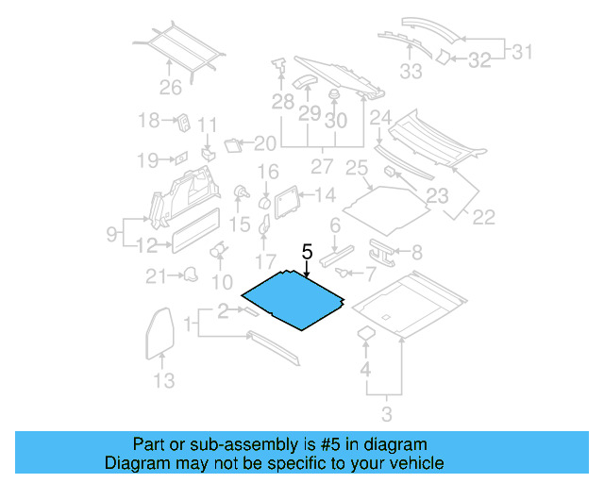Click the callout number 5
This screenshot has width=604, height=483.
[306, 252]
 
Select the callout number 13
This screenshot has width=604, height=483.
[163, 380]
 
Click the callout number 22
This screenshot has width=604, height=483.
[483, 217]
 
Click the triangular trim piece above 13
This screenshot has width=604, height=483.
[161, 329]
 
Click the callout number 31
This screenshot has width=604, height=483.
[523, 51]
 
